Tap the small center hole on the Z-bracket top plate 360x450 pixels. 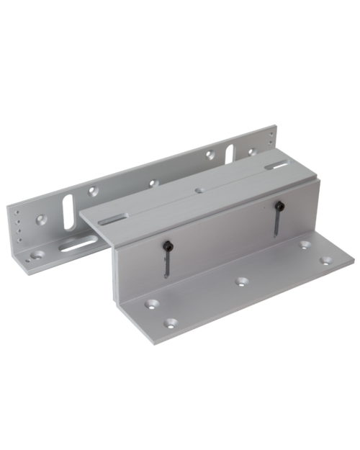pyautogui.click(x=198, y=192)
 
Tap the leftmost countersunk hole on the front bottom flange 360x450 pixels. pyautogui.click(x=152, y=304)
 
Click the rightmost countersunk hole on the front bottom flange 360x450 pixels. pyautogui.click(x=325, y=260)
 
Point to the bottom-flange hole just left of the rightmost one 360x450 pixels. pyautogui.click(x=305, y=246)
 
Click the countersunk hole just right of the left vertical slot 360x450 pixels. pyautogui.click(x=93, y=192)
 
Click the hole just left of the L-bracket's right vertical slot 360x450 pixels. pyautogui.click(x=210, y=154)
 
